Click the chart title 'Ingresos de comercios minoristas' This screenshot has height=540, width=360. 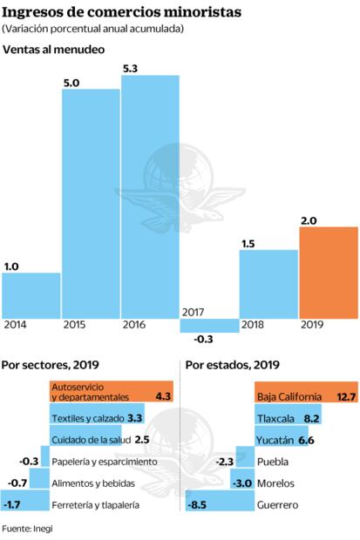tap(122, 11)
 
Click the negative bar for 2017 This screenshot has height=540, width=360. tap(209, 325)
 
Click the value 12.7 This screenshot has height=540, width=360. tap(346, 396)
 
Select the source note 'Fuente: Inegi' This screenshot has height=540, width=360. tap(27, 529)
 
